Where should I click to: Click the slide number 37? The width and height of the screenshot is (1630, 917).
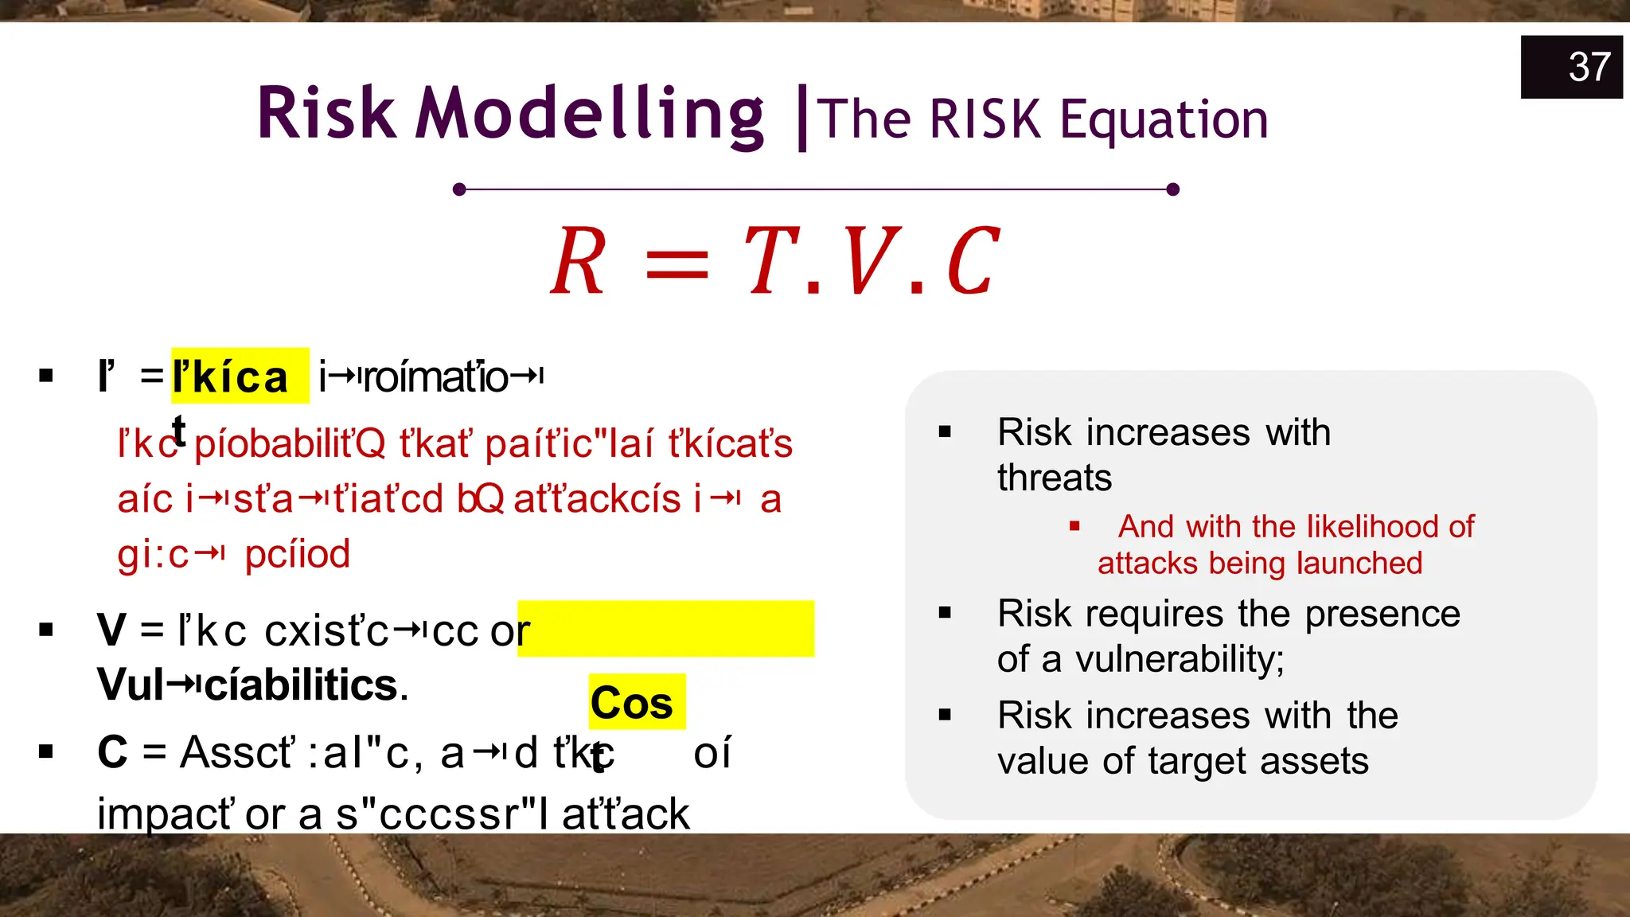(x=1589, y=67)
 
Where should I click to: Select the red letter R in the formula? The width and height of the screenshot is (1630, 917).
(x=579, y=261)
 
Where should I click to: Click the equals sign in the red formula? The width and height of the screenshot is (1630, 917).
(x=677, y=264)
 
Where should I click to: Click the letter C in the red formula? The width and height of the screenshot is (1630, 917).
(x=972, y=261)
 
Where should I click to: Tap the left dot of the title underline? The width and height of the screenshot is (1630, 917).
(x=459, y=189)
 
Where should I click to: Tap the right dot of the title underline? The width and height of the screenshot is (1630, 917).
(x=1172, y=189)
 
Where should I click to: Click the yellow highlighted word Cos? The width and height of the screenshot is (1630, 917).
(x=632, y=703)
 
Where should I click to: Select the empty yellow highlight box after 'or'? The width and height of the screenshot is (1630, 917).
(x=665, y=629)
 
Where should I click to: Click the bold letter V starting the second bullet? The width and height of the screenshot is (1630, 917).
(x=111, y=630)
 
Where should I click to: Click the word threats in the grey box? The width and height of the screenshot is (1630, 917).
(x=1054, y=478)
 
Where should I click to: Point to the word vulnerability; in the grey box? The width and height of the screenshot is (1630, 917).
(x=1180, y=659)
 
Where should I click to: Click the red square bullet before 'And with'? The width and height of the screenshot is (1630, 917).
(x=1074, y=526)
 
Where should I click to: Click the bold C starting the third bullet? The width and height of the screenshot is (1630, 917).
(x=112, y=751)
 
